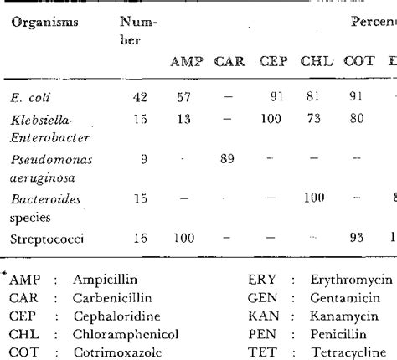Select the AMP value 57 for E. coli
183,96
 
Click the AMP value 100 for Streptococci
182,239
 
